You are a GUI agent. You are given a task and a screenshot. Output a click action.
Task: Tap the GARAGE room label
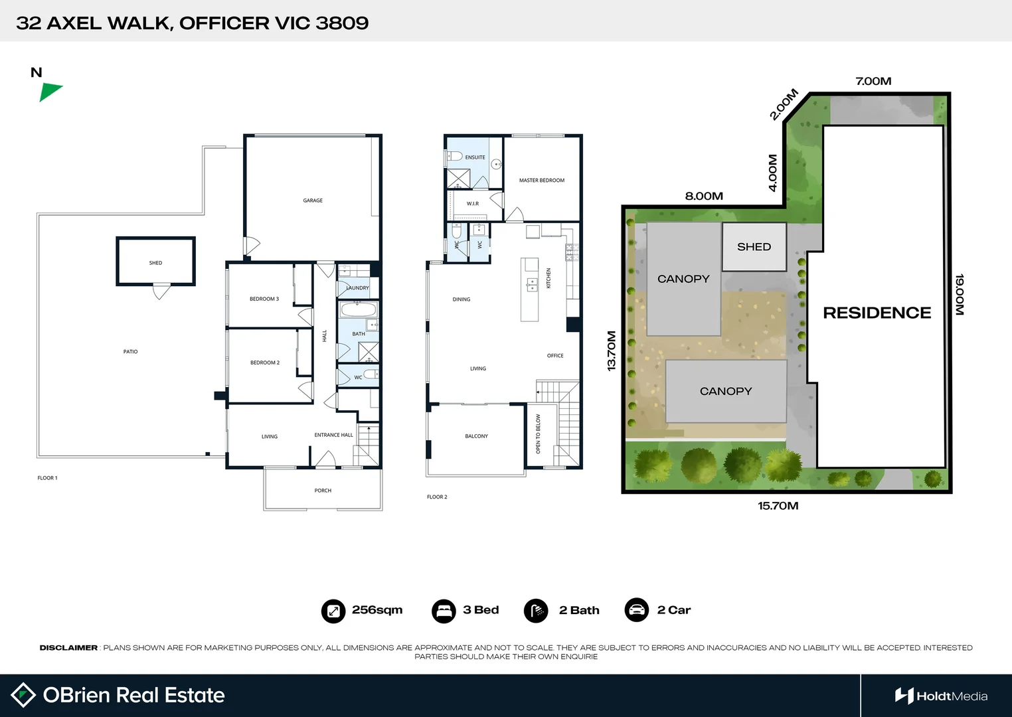point(313,200)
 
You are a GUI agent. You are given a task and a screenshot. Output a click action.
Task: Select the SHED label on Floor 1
point(155,263)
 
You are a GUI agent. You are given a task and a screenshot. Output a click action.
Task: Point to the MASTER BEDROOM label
point(542,181)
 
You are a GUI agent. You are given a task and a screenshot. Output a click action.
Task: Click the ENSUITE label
point(475,157)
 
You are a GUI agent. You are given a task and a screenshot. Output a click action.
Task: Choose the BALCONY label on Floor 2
point(476,436)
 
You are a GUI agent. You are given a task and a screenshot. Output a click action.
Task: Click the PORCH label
point(323,491)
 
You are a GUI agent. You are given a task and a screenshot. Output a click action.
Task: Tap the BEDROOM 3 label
point(264,299)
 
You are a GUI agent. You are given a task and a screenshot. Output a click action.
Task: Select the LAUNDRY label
point(357,288)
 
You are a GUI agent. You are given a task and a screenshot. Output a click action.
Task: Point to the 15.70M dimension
point(778,506)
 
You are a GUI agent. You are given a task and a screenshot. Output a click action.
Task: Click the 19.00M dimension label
point(960,295)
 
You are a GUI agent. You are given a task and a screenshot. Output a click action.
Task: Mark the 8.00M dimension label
point(704,197)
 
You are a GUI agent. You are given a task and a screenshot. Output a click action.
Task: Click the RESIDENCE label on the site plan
point(877,313)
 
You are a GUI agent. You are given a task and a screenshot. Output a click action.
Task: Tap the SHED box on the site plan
point(754,247)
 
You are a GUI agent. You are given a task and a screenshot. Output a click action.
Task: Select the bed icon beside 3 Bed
point(444,611)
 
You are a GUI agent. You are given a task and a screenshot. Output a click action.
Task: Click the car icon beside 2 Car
point(637,610)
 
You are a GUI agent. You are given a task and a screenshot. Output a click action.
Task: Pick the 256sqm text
point(377,610)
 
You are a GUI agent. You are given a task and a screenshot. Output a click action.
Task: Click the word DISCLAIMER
point(68,648)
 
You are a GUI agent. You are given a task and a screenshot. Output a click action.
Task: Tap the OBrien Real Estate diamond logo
point(23,695)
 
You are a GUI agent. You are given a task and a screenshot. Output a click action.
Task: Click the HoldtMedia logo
point(941,696)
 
